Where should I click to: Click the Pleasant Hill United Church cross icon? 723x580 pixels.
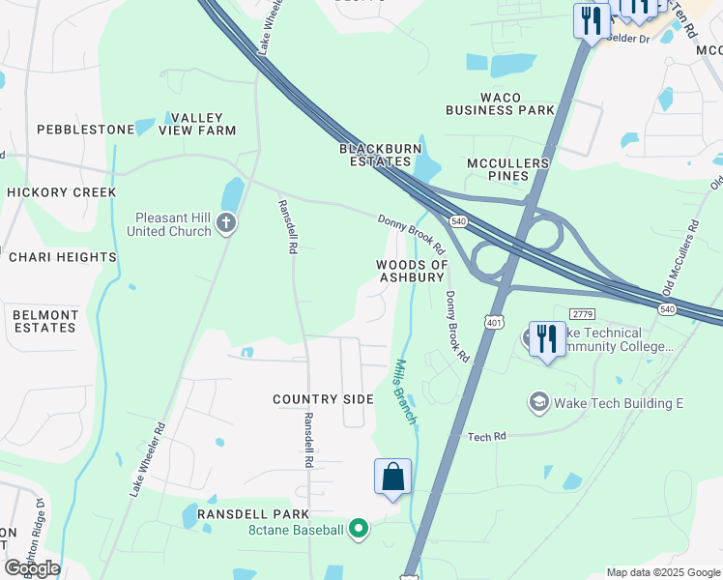(x=225, y=224)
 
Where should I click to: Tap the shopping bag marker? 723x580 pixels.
(x=392, y=478)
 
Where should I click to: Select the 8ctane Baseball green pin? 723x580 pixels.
(x=359, y=529)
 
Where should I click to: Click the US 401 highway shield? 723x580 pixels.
(x=494, y=322)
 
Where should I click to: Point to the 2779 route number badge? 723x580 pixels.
(x=582, y=314)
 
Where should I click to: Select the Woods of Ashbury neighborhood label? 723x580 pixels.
(x=412, y=271)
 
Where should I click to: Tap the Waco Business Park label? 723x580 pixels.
(x=500, y=103)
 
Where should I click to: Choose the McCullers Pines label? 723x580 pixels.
(x=509, y=169)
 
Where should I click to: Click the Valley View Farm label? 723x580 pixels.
(x=203, y=123)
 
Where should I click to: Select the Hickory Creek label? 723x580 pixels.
(x=62, y=192)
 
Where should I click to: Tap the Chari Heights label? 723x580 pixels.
(x=63, y=257)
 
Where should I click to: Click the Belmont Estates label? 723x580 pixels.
(x=45, y=321)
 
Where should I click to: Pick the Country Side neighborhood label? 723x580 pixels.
(x=323, y=399)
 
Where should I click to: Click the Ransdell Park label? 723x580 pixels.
(x=253, y=514)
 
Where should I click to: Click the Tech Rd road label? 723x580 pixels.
(x=487, y=437)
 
